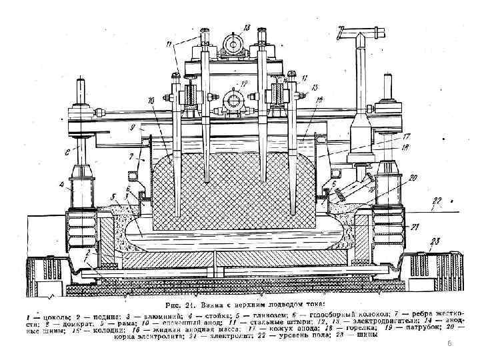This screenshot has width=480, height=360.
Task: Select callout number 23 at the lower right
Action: tap(434, 241)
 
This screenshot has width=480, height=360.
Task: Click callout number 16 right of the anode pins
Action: tap(320, 99)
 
